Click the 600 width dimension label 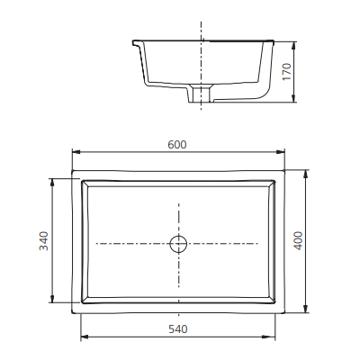[177, 146]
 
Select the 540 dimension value [177, 328]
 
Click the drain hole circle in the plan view [178, 243]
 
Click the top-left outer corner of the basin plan [73, 172]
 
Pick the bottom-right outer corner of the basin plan [283, 311]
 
